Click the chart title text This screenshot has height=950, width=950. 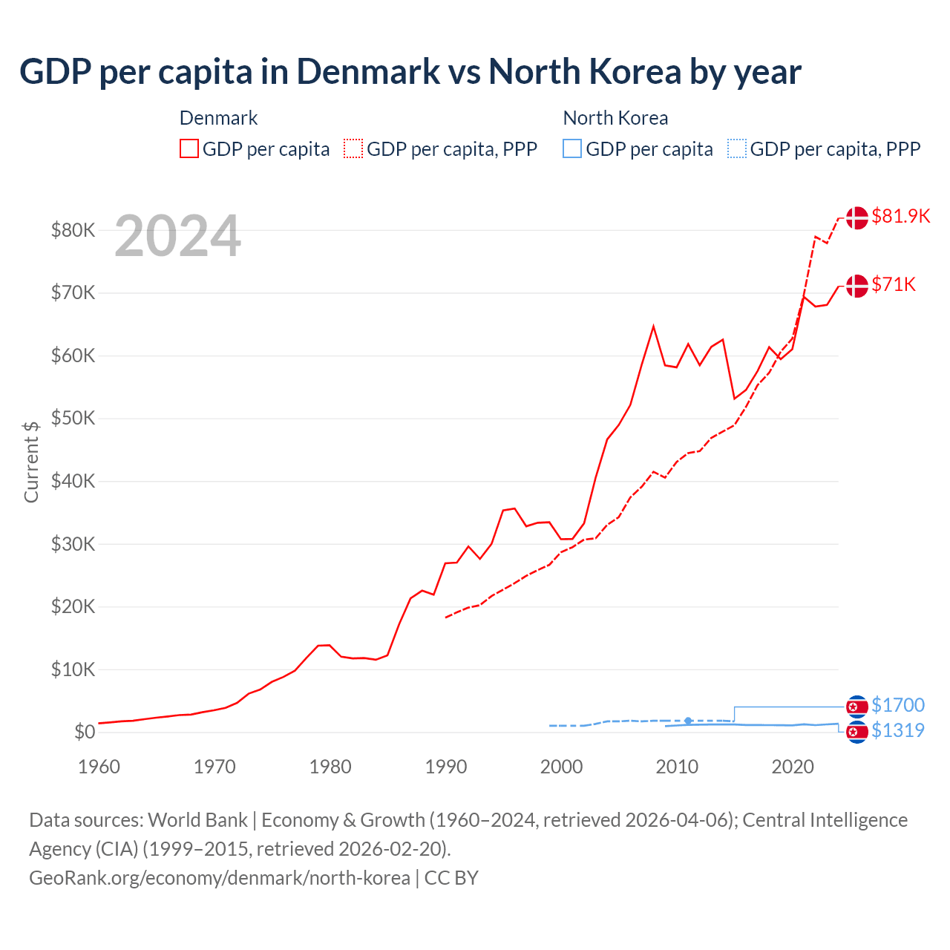(x=410, y=71)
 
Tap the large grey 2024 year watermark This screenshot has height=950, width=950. (x=177, y=236)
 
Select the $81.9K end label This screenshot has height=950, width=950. (x=900, y=216)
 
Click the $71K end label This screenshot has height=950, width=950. (x=894, y=284)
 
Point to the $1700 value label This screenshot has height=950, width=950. (x=897, y=705)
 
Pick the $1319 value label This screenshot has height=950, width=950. (x=897, y=730)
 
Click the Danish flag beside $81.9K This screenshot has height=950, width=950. (x=856, y=217)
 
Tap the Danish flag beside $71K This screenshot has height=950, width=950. (x=856, y=286)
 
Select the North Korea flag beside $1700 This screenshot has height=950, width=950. (x=856, y=706)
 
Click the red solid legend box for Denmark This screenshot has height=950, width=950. (x=189, y=149)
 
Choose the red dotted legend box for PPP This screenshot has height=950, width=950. (x=353, y=149)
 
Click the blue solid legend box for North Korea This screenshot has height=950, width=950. (x=572, y=149)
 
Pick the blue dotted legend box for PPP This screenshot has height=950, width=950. (x=737, y=149)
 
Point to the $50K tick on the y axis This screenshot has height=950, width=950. (x=73, y=419)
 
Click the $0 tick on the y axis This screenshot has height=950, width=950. (x=85, y=733)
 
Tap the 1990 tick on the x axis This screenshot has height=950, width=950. (x=445, y=767)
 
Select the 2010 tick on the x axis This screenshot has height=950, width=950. (x=677, y=767)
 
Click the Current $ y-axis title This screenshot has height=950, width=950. (x=31, y=462)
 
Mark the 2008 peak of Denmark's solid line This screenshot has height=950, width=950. (x=653, y=326)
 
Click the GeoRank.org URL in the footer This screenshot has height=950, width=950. (x=220, y=878)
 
